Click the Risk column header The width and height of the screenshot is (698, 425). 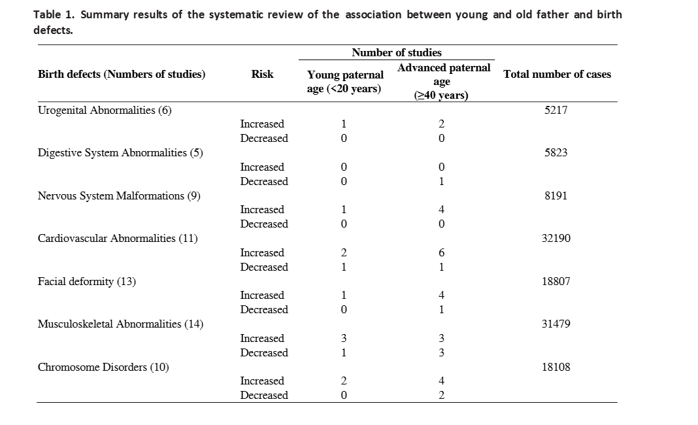click(x=262, y=74)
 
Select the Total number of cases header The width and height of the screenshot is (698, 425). click(x=557, y=74)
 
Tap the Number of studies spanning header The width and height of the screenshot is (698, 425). click(x=397, y=52)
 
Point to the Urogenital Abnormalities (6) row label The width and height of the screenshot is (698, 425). click(x=105, y=110)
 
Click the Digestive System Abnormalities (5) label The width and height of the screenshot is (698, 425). click(x=120, y=153)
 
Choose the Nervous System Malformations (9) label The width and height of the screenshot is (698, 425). click(x=119, y=195)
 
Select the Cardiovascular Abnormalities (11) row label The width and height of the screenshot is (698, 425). click(x=118, y=239)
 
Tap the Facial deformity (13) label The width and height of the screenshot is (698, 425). click(x=87, y=282)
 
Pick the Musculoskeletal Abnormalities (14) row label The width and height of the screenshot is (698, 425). click(x=120, y=324)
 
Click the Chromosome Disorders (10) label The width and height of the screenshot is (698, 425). click(x=103, y=367)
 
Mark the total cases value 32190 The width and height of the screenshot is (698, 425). click(x=556, y=239)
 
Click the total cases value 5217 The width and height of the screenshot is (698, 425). click(x=556, y=110)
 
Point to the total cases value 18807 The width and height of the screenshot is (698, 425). click(x=556, y=282)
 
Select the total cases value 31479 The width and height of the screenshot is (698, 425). click(x=556, y=324)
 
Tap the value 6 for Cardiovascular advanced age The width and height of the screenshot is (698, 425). click(x=441, y=252)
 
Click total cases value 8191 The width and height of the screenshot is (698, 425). click(x=556, y=195)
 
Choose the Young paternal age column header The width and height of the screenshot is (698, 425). click(x=344, y=82)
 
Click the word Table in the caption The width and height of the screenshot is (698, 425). click(x=47, y=14)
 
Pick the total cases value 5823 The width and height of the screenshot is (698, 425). click(x=556, y=153)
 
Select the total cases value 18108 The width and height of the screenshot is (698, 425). click(x=556, y=367)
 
